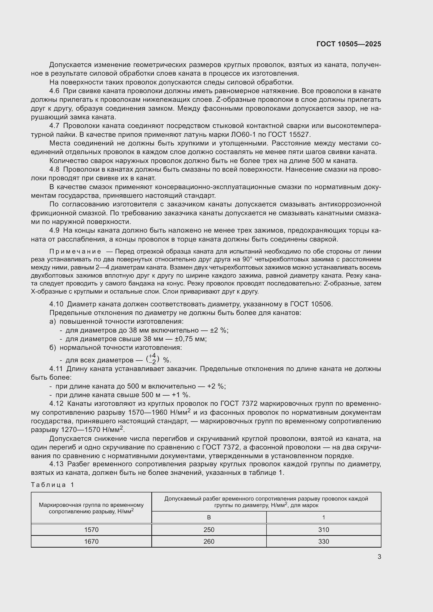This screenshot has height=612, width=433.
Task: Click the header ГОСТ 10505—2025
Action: (x=348, y=44)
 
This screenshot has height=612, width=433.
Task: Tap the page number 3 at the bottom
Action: (x=379, y=557)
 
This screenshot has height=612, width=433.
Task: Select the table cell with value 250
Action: (x=209, y=530)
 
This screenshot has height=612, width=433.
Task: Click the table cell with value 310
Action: (x=323, y=530)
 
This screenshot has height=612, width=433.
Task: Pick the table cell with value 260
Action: (x=209, y=541)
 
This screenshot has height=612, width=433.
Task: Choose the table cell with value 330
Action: (x=323, y=541)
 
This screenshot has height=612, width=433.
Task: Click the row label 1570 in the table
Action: (x=91, y=530)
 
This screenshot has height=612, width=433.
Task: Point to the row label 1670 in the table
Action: (x=91, y=541)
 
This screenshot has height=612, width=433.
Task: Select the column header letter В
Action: (x=209, y=517)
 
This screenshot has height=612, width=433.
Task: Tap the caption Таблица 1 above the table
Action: (x=52, y=485)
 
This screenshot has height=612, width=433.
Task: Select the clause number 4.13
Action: (x=56, y=464)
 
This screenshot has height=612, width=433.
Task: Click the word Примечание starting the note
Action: (x=75, y=252)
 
